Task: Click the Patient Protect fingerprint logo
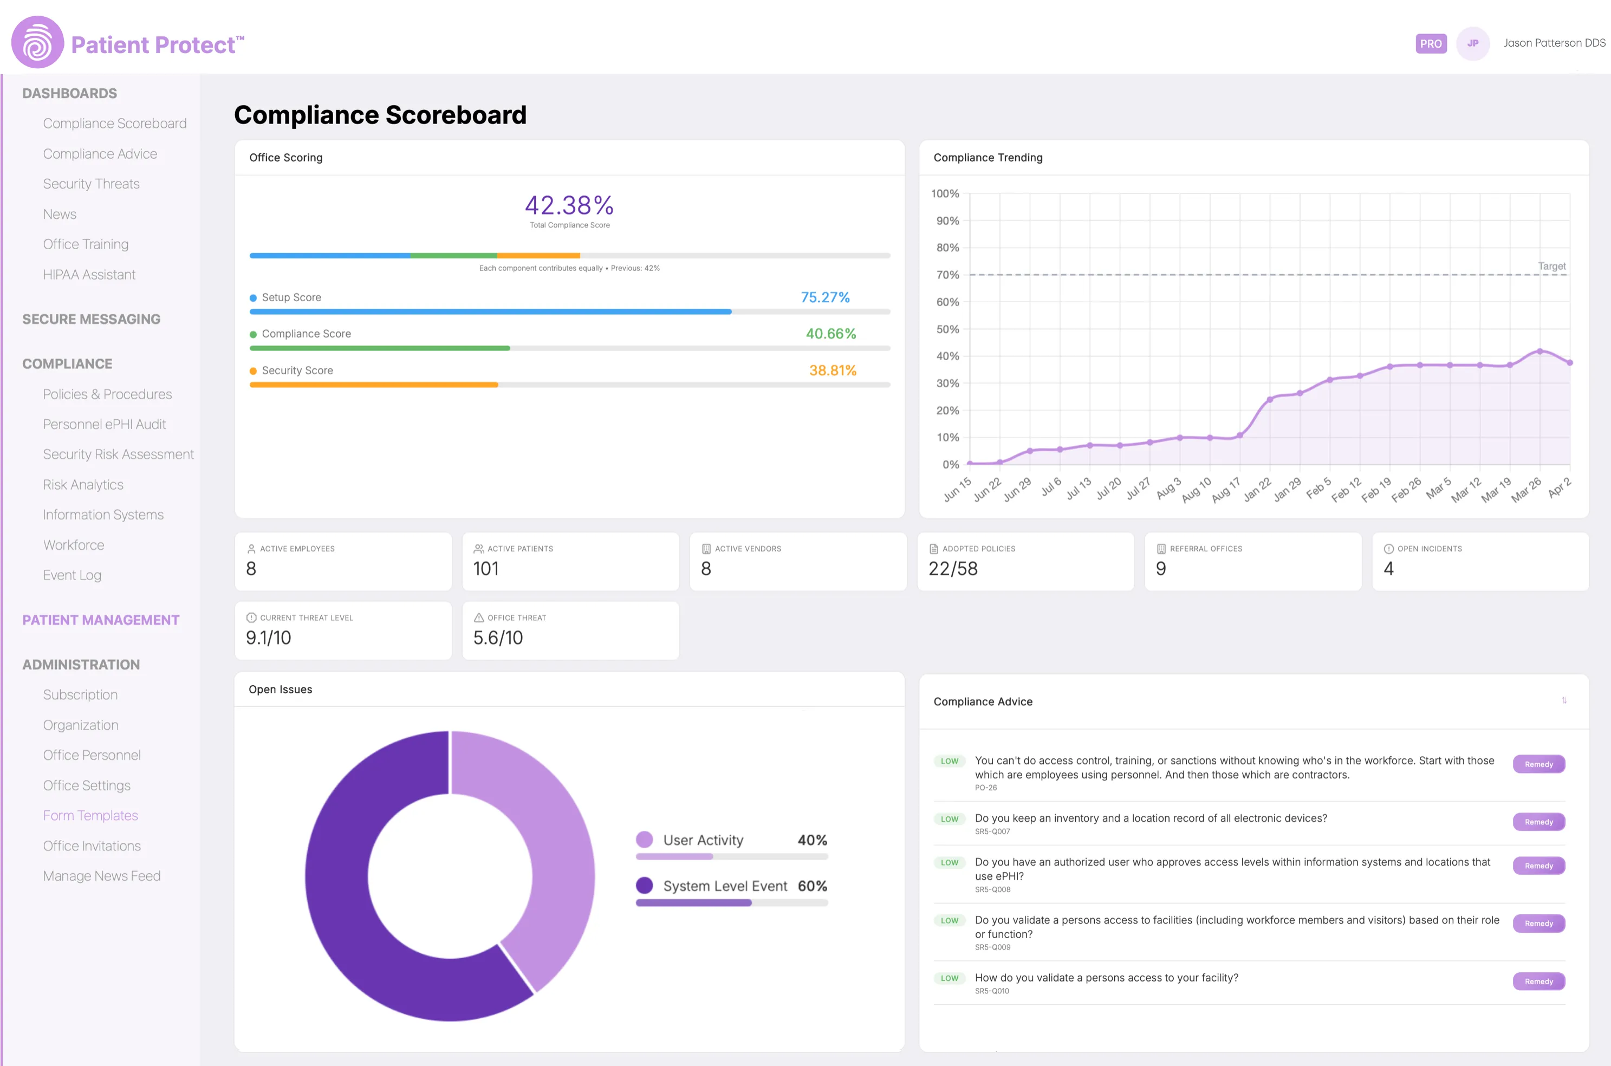pos(37,42)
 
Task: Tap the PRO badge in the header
pos(1430,43)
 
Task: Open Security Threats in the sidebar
pos(91,184)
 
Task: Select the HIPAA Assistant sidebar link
pos(89,275)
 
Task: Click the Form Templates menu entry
pos(90,815)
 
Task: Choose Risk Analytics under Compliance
pos(83,485)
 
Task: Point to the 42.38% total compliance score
pos(569,205)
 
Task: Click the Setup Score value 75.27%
pos(824,297)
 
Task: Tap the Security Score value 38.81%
pos(832,370)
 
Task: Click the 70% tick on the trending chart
pos(947,275)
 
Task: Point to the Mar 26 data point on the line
pos(1539,352)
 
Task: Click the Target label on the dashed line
pos(1551,266)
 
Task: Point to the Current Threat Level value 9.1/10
pos(269,638)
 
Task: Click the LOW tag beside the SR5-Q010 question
pos(949,978)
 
